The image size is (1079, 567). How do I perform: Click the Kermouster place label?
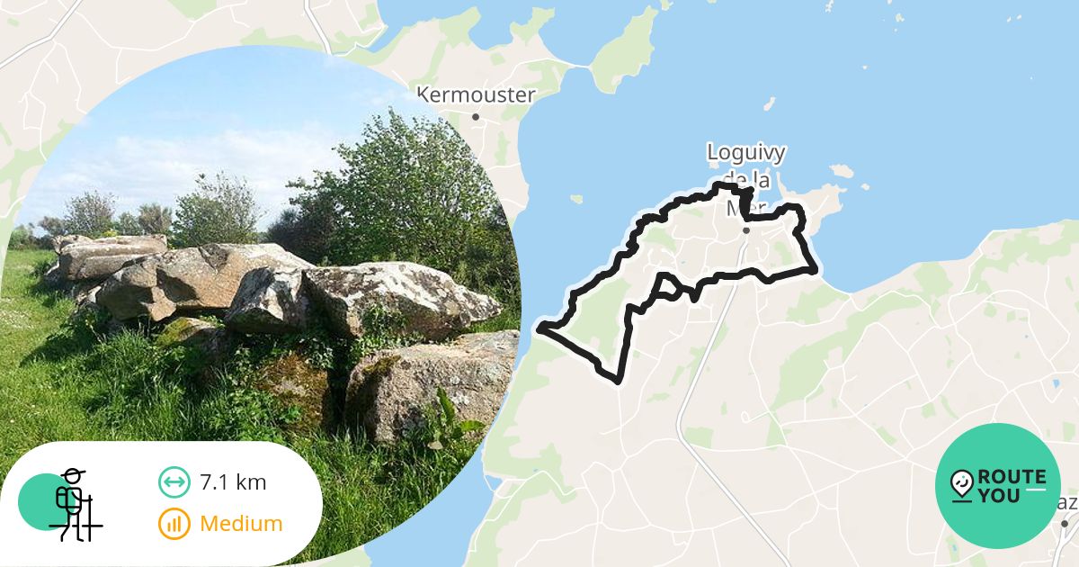tap(477, 94)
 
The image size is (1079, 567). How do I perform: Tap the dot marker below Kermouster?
tap(476, 116)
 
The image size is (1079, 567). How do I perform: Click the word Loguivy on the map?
tap(745, 151)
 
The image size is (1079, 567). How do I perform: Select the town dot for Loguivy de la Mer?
tap(746, 229)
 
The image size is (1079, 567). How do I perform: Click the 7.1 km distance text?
tap(233, 482)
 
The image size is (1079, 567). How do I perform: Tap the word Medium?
tap(241, 523)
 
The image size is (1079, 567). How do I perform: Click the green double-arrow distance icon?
tap(174, 482)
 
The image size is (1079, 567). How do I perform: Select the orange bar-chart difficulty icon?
tap(174, 523)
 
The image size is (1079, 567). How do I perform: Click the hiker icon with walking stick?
tap(72, 504)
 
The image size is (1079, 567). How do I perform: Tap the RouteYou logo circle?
tap(998, 486)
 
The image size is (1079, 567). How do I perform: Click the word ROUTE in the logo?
tap(1014, 477)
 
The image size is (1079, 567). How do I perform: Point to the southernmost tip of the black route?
tap(619, 382)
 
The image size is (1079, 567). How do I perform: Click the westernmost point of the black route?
tap(540, 328)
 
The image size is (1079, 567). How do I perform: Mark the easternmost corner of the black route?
tap(815, 270)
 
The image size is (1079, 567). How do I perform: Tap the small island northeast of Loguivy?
tap(842, 170)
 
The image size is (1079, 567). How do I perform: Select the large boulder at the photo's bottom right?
tap(432, 378)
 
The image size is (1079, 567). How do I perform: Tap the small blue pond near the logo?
tap(1054, 384)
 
